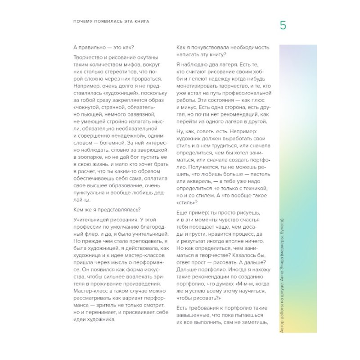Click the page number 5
(283, 25)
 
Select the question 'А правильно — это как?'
(103, 47)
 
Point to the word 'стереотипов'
(122, 72)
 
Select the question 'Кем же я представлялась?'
(107, 209)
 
